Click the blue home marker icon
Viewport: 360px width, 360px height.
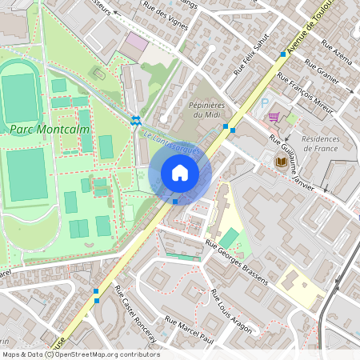pos(179,173)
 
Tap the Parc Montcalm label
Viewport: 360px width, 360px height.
pos(50,128)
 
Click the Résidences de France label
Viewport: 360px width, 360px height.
pos(315,143)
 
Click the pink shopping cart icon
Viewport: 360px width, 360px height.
pos(274,117)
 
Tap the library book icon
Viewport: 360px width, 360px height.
pos(281,162)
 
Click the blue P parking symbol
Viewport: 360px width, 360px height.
pos(265,102)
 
